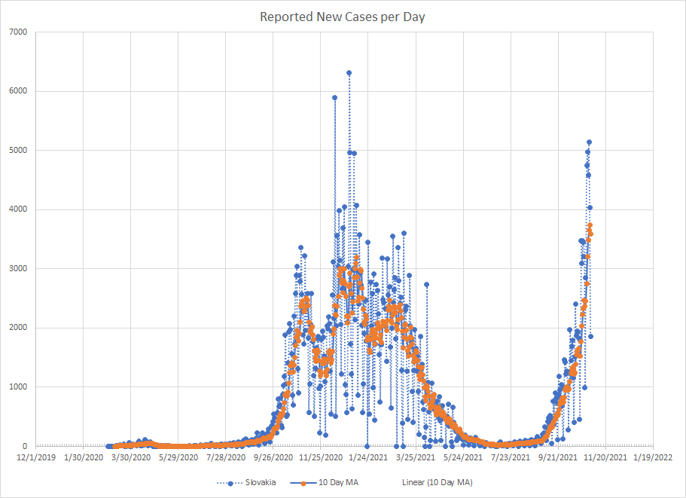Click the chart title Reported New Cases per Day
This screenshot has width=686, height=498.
(343, 17)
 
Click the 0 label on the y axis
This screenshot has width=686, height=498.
(24, 446)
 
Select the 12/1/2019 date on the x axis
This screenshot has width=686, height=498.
(35, 457)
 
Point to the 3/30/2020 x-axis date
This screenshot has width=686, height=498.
(131, 457)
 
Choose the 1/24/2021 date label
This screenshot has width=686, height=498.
(368, 457)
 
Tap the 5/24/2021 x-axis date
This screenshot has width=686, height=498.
(463, 457)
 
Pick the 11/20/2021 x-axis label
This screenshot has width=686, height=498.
(605, 457)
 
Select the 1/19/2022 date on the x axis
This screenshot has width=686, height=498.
(653, 457)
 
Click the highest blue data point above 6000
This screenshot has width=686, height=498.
(349, 73)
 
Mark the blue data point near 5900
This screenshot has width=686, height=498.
(334, 97)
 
